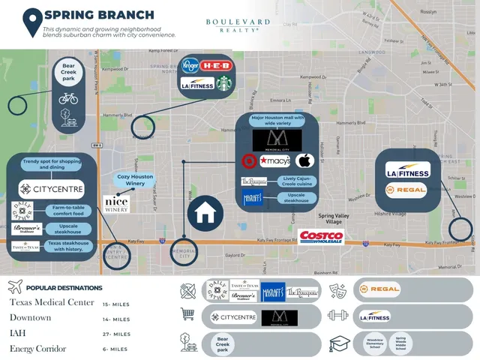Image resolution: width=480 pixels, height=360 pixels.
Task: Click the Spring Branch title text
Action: click(x=99, y=15)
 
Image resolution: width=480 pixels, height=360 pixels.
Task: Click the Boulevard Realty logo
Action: click(x=238, y=25)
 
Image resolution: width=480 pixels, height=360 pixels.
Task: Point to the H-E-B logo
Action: click(x=216, y=65)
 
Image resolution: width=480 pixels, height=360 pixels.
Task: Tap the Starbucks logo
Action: click(x=223, y=83)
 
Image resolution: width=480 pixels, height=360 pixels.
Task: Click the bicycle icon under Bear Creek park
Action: click(x=67, y=98)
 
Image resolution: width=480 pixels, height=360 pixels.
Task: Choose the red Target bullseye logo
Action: click(x=248, y=160)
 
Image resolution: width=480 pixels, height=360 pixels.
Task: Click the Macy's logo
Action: click(x=275, y=160)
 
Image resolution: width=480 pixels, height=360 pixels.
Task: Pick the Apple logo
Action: click(x=304, y=160)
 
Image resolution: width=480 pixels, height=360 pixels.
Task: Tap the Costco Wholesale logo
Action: click(x=321, y=237)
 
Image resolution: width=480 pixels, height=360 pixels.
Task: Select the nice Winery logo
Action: click(x=116, y=202)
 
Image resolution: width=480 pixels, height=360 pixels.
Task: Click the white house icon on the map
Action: click(x=205, y=214)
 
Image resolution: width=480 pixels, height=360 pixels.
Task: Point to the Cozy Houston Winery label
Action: click(x=136, y=181)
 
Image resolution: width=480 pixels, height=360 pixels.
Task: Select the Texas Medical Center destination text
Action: click(x=52, y=302)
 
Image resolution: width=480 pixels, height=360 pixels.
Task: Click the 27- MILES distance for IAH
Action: click(x=116, y=334)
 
